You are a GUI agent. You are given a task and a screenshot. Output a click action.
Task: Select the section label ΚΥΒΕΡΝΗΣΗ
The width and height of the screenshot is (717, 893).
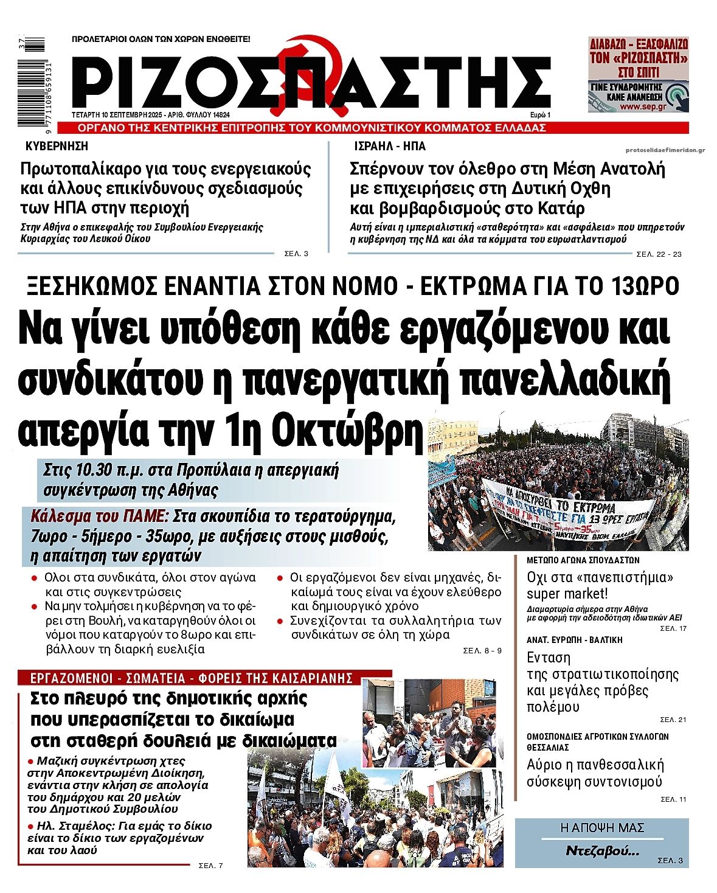[57, 147]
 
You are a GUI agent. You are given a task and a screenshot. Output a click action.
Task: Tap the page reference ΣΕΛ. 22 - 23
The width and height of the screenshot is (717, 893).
[659, 254]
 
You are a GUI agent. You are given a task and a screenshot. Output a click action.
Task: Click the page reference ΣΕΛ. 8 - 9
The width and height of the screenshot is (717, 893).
[482, 651]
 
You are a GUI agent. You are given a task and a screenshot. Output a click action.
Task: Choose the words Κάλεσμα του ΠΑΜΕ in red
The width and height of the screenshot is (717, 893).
[99, 516]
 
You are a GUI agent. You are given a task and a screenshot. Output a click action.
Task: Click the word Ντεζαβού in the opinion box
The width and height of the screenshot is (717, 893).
[602, 850]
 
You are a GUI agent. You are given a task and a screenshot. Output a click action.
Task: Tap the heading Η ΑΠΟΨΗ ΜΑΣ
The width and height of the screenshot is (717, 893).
[601, 828]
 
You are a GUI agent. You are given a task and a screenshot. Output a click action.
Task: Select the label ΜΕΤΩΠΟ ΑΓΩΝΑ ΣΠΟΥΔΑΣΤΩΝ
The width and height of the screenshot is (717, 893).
[583, 560]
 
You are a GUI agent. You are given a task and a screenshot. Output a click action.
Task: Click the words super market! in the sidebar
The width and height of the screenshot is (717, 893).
[567, 594]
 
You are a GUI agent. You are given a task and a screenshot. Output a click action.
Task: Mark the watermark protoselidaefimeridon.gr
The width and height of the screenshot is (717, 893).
[665, 150]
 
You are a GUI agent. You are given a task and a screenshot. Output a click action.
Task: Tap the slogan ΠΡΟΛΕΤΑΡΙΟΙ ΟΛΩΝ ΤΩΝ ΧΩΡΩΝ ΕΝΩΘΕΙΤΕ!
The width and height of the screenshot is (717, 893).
[161, 39]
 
